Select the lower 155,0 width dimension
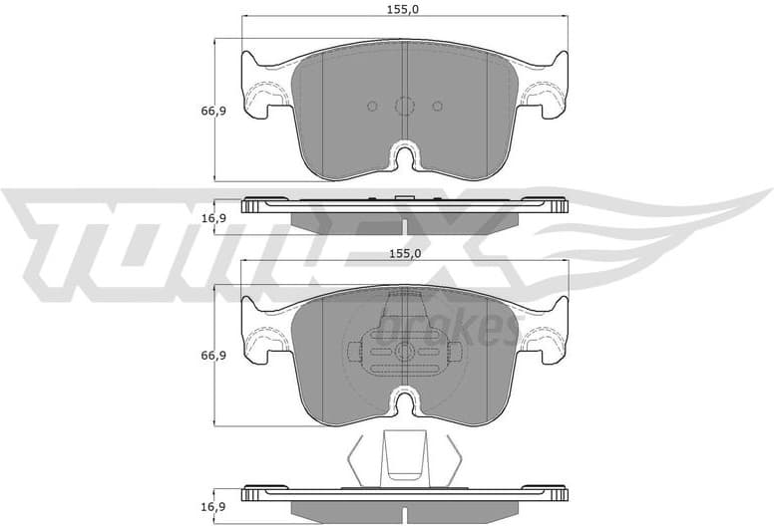pos(403,254)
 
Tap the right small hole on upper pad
pos(436,106)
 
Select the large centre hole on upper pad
pos(404,106)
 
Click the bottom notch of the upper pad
pos(404,157)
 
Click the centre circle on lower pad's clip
pos(404,352)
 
